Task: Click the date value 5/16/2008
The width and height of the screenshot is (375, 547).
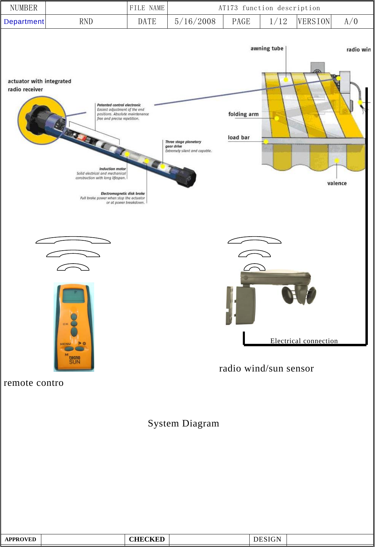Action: (195, 22)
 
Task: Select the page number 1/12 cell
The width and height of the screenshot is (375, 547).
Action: (278, 22)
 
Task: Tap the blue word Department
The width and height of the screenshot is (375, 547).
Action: (24, 22)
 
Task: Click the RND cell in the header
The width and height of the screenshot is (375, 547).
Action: (86, 22)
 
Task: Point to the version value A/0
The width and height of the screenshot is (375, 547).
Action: (351, 22)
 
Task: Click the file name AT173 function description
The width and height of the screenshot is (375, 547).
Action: (269, 8)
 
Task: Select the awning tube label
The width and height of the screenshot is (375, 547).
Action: (267, 48)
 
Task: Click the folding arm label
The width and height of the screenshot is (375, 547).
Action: (243, 114)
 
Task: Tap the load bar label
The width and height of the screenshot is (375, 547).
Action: (239, 137)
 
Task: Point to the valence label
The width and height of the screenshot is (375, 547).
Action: (337, 183)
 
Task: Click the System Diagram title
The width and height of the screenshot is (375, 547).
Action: (183, 423)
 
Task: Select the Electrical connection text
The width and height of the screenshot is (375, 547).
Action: (304, 341)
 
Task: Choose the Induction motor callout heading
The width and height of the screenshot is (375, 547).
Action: (112, 169)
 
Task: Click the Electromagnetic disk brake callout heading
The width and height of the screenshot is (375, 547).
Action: (123, 193)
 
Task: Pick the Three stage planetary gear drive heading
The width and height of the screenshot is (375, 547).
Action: (183, 144)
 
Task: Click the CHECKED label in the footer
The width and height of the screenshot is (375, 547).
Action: (147, 539)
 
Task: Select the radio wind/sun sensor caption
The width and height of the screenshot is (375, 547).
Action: (266, 368)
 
